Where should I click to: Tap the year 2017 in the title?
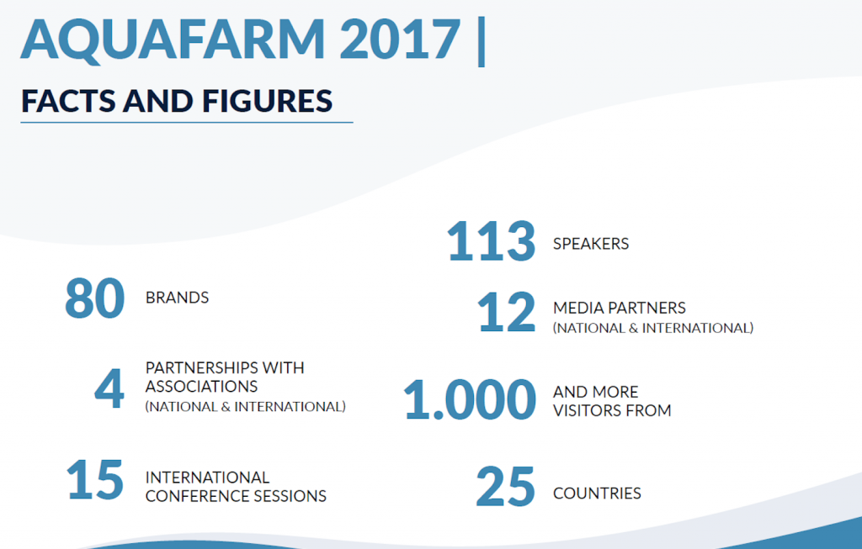(x=400, y=40)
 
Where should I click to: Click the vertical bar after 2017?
(x=482, y=42)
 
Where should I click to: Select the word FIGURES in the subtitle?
(x=267, y=101)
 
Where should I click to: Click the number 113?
(x=491, y=241)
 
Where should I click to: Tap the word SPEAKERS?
(x=591, y=244)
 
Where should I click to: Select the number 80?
(x=94, y=298)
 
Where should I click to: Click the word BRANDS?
(x=177, y=298)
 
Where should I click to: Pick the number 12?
(x=506, y=312)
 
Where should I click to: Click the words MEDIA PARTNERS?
(x=620, y=308)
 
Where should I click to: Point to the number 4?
(x=109, y=388)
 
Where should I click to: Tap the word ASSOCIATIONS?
(x=201, y=387)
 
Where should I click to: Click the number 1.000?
(x=470, y=399)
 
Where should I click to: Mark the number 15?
(x=94, y=479)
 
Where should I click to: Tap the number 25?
(x=505, y=486)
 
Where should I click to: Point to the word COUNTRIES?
(x=597, y=493)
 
